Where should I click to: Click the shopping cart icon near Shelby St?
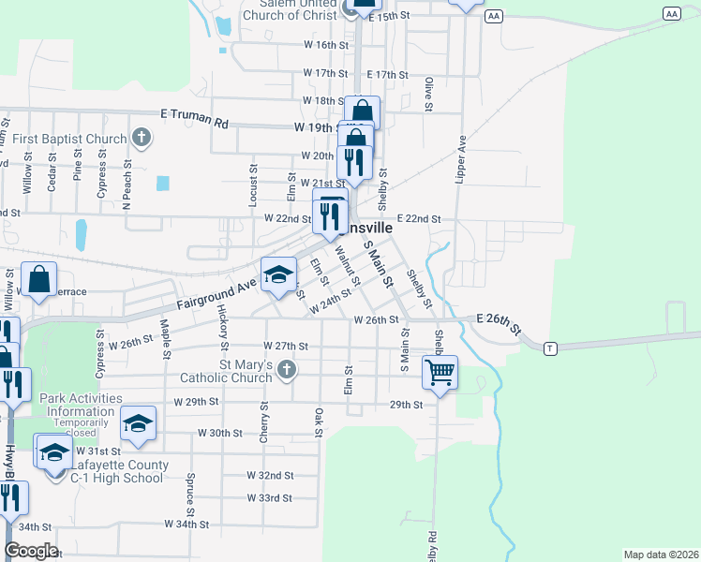[439, 372]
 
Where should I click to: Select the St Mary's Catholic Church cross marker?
[288, 372]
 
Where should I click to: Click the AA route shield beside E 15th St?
[495, 17]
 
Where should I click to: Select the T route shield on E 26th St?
[551, 348]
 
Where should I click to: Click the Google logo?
[30, 551]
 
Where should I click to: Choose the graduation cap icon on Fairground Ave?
[277, 274]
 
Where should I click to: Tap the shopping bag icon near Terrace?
[39, 278]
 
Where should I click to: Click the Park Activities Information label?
[81, 405]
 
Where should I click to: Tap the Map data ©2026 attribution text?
[661, 554]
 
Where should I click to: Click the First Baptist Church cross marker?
[141, 140]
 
